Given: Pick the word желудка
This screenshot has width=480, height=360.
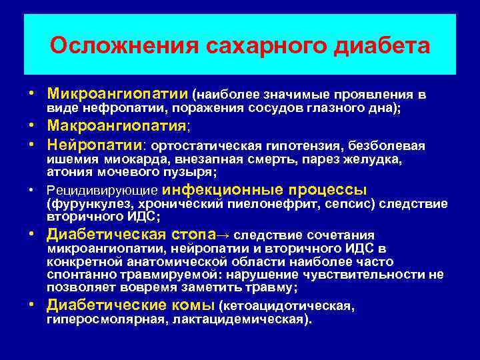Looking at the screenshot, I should point(380,160).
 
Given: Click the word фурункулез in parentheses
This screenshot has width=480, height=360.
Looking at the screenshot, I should point(83,204).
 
